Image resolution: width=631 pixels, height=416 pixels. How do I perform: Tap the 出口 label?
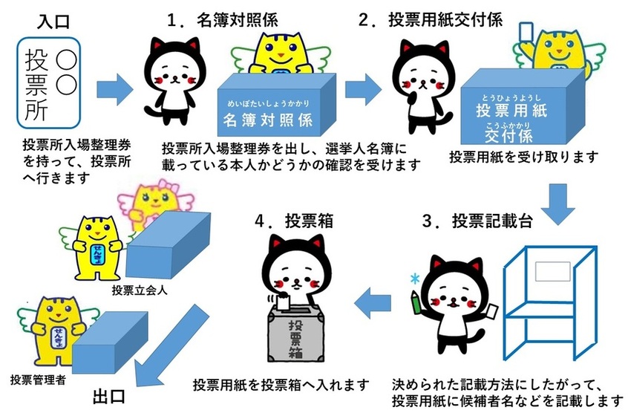click(111, 394)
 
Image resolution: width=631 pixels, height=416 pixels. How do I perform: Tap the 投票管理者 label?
click(37, 381)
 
